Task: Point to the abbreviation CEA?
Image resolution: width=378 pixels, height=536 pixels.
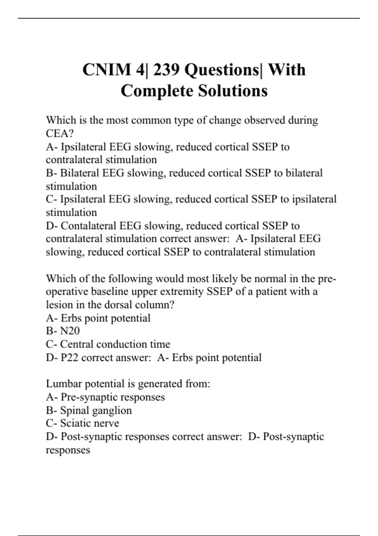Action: (60, 133)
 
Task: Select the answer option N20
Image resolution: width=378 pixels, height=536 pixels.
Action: (70, 331)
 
